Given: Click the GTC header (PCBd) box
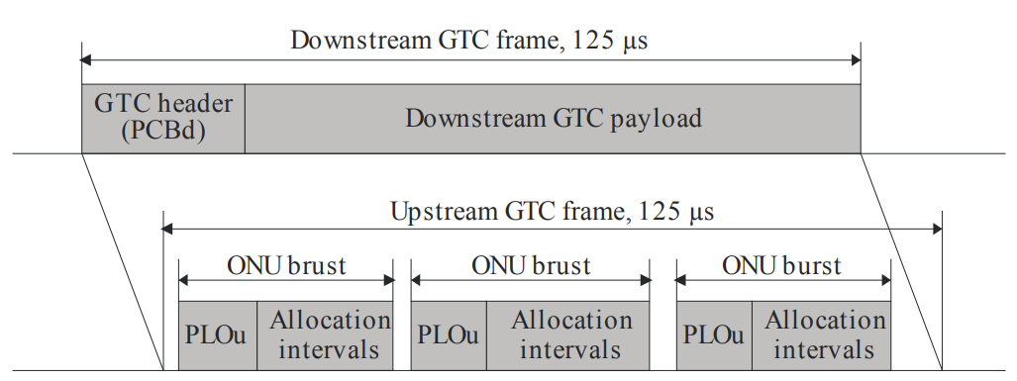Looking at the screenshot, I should point(163,119).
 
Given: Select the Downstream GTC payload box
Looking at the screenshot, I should point(553,119).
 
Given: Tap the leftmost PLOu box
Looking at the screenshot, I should point(218,335).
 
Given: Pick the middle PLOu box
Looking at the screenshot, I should point(449,335).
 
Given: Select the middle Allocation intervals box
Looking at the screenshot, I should point(570,335).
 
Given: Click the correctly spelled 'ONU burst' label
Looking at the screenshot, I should point(781,265).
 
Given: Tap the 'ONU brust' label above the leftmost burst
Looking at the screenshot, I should point(286,265).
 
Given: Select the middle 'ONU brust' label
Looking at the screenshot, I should point(531,265).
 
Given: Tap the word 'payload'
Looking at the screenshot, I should point(654,119).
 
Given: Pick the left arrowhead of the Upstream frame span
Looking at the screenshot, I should point(168,230).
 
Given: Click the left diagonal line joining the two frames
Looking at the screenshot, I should point(124,262).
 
